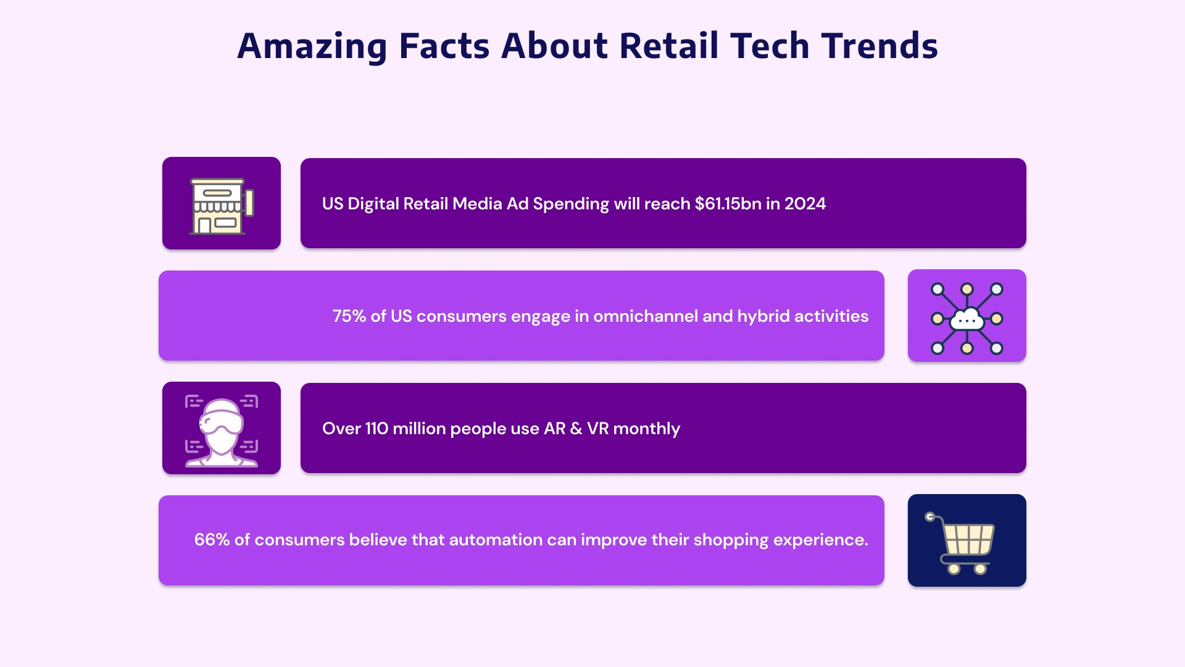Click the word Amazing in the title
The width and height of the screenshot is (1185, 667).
coord(312,47)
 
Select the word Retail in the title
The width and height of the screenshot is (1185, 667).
coord(668,47)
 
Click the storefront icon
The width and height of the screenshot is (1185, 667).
coord(221,206)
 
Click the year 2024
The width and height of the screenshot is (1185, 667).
coord(805,204)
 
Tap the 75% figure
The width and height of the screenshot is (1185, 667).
coord(349,316)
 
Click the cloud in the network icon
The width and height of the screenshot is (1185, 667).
coord(967,319)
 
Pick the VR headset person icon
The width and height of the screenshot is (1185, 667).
coord(221,430)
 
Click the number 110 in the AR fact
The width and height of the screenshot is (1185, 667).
coord(376,429)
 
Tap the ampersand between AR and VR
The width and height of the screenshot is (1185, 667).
coord(576,429)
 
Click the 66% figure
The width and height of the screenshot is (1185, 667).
coord(212,540)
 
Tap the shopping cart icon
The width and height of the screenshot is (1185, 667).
coord(962,543)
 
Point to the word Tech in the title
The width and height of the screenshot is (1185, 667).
coord(769,47)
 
